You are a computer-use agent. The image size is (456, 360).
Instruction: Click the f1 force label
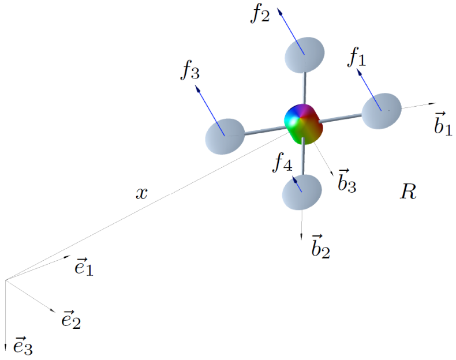(357, 57)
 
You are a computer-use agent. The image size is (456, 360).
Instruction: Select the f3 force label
(190, 70)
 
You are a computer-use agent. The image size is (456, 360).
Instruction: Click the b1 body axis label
(443, 123)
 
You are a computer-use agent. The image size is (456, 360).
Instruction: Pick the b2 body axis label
(320, 246)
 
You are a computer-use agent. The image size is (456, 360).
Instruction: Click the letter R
(408, 193)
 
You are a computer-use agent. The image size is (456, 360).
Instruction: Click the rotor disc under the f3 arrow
(225, 136)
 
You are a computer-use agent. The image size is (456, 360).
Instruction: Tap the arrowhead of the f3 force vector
(198, 88)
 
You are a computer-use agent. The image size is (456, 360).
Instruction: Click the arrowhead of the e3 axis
(6, 348)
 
